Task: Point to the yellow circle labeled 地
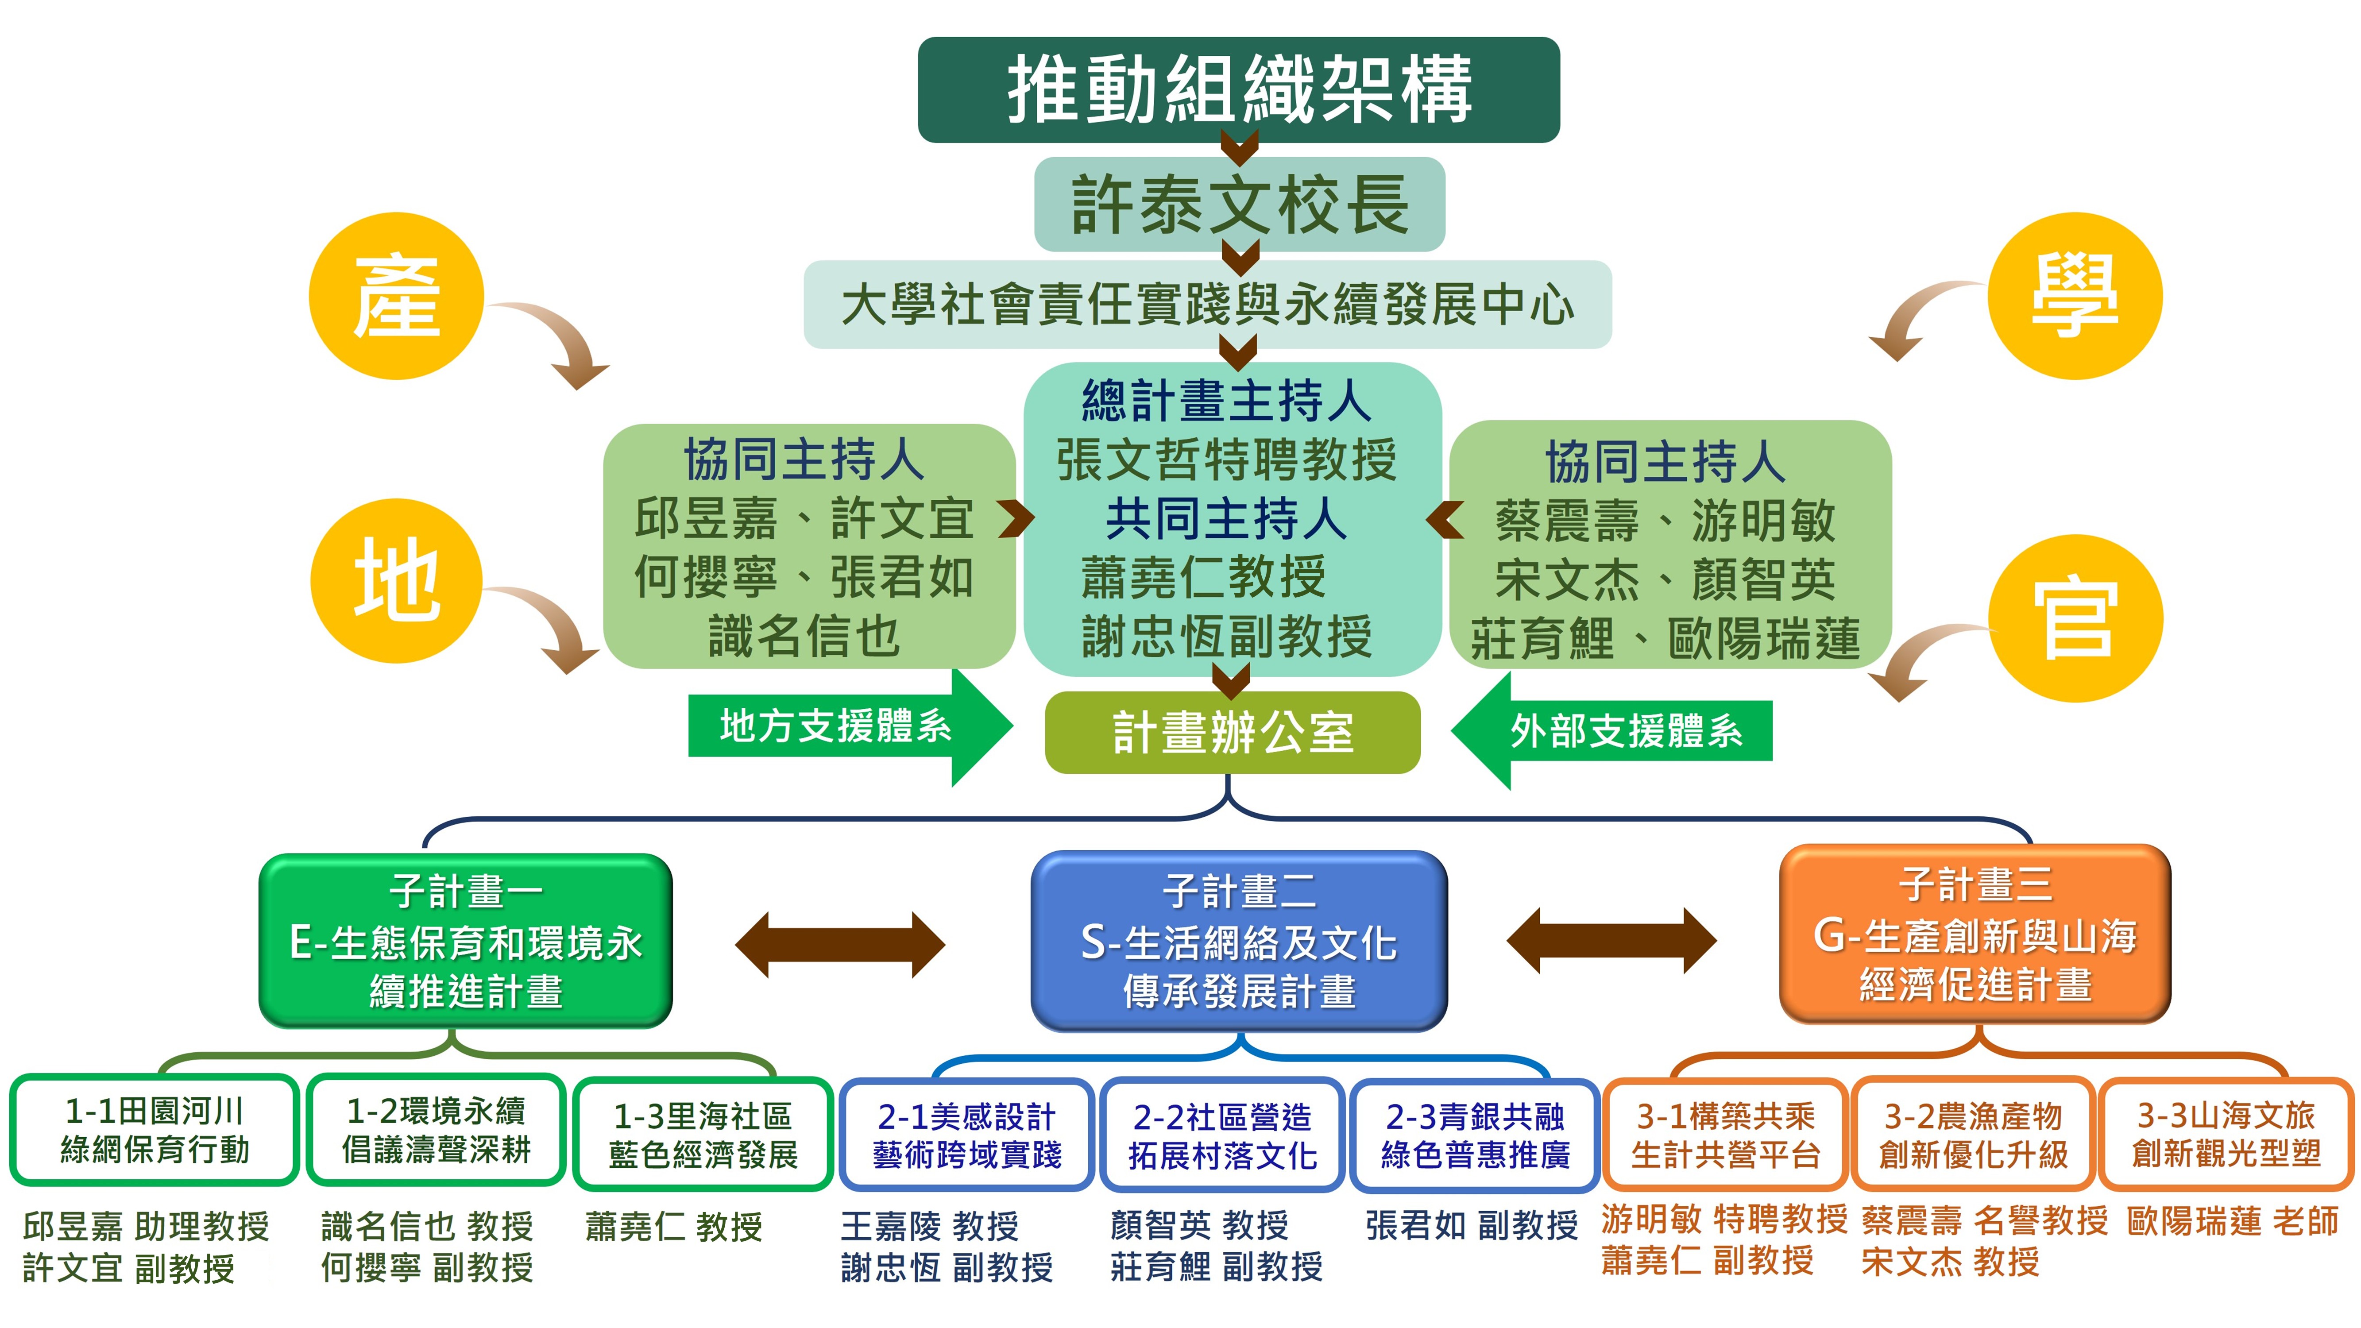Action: pyautogui.click(x=396, y=580)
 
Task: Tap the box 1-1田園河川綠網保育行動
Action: pyautogui.click(x=154, y=1130)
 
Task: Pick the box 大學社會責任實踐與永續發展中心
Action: pyautogui.click(x=1207, y=304)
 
